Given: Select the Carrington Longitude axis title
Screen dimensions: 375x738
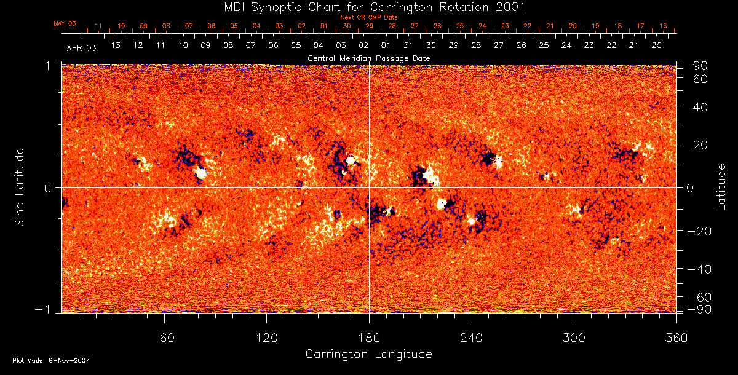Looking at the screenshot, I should (x=368, y=354).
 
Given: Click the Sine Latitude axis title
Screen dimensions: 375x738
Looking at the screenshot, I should (x=20, y=186).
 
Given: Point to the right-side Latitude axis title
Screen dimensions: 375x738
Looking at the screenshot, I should (x=721, y=187).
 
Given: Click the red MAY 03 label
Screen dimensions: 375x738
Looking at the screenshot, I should (x=65, y=23).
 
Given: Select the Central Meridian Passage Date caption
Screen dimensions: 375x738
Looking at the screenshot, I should (x=368, y=58).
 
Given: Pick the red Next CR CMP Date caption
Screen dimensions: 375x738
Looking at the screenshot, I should (x=368, y=17).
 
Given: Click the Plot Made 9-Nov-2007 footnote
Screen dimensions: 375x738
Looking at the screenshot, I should (x=51, y=360).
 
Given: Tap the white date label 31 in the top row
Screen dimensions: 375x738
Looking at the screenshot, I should (x=408, y=45).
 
